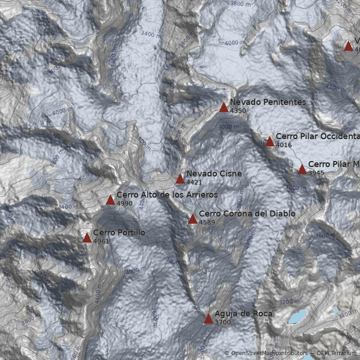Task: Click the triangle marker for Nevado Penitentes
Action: pos(224,108)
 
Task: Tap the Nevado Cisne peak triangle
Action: pos(180,179)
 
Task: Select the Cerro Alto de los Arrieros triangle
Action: pos(110,200)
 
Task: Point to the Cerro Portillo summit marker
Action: pos(87,238)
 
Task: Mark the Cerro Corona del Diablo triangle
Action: pos(193,219)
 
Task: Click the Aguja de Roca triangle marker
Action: pos(208,319)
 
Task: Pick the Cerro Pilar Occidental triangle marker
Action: pos(270,142)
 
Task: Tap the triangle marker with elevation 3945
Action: pos(302,170)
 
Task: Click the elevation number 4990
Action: pos(124,204)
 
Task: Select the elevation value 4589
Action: pos(207,222)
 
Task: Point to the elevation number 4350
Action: pos(238,111)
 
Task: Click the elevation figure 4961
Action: pos(101,242)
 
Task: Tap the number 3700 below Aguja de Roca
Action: pos(222,322)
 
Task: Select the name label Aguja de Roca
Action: pos(243,314)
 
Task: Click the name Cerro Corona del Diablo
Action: pos(247,214)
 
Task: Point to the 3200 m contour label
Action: pos(289,302)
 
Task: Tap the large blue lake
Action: pos(298,316)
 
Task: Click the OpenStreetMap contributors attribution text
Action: pos(265,353)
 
